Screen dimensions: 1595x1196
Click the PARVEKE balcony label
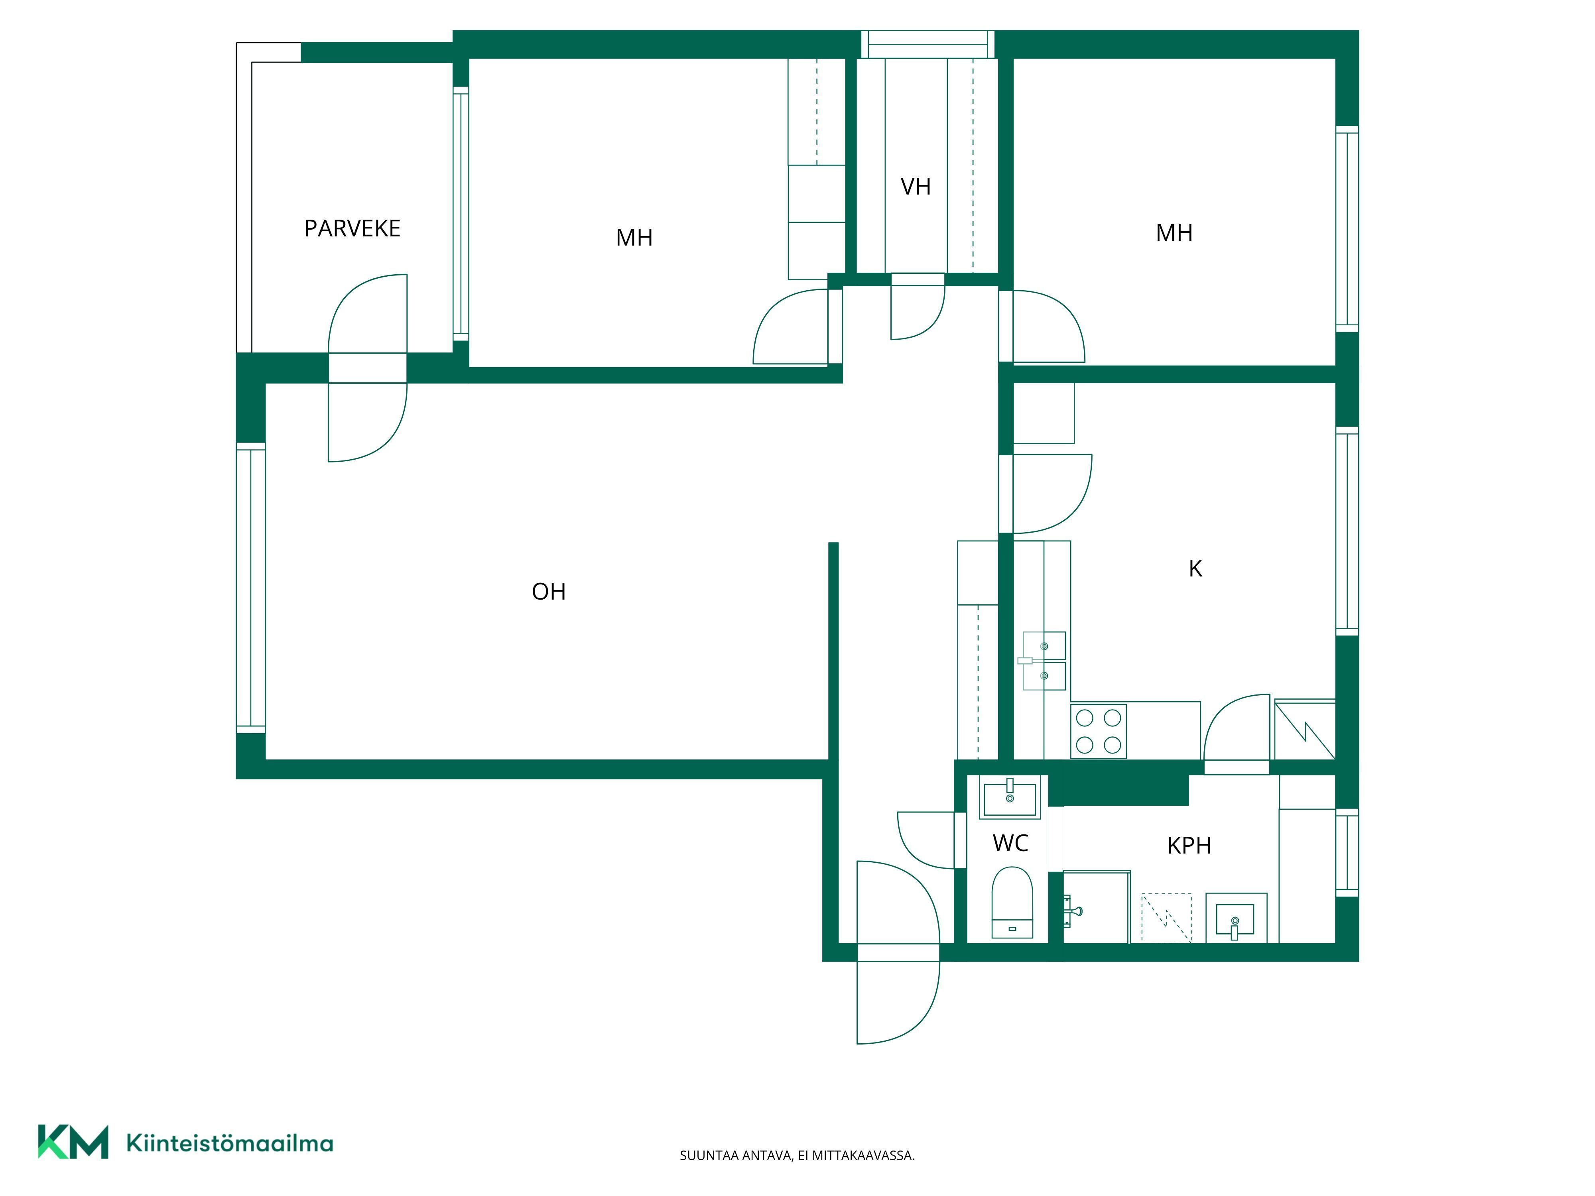[352, 228]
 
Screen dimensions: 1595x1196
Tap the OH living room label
[549, 592]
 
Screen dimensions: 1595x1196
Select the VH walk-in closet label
[916, 187]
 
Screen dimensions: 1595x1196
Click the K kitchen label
[1195, 569]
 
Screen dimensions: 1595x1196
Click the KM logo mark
[73, 1141]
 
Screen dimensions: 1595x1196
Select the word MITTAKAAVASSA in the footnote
[863, 1156]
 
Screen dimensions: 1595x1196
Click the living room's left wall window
[251, 588]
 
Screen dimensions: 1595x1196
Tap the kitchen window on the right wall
[1347, 531]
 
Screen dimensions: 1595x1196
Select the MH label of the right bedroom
[1174, 233]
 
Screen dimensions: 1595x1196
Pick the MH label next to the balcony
[634, 237]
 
